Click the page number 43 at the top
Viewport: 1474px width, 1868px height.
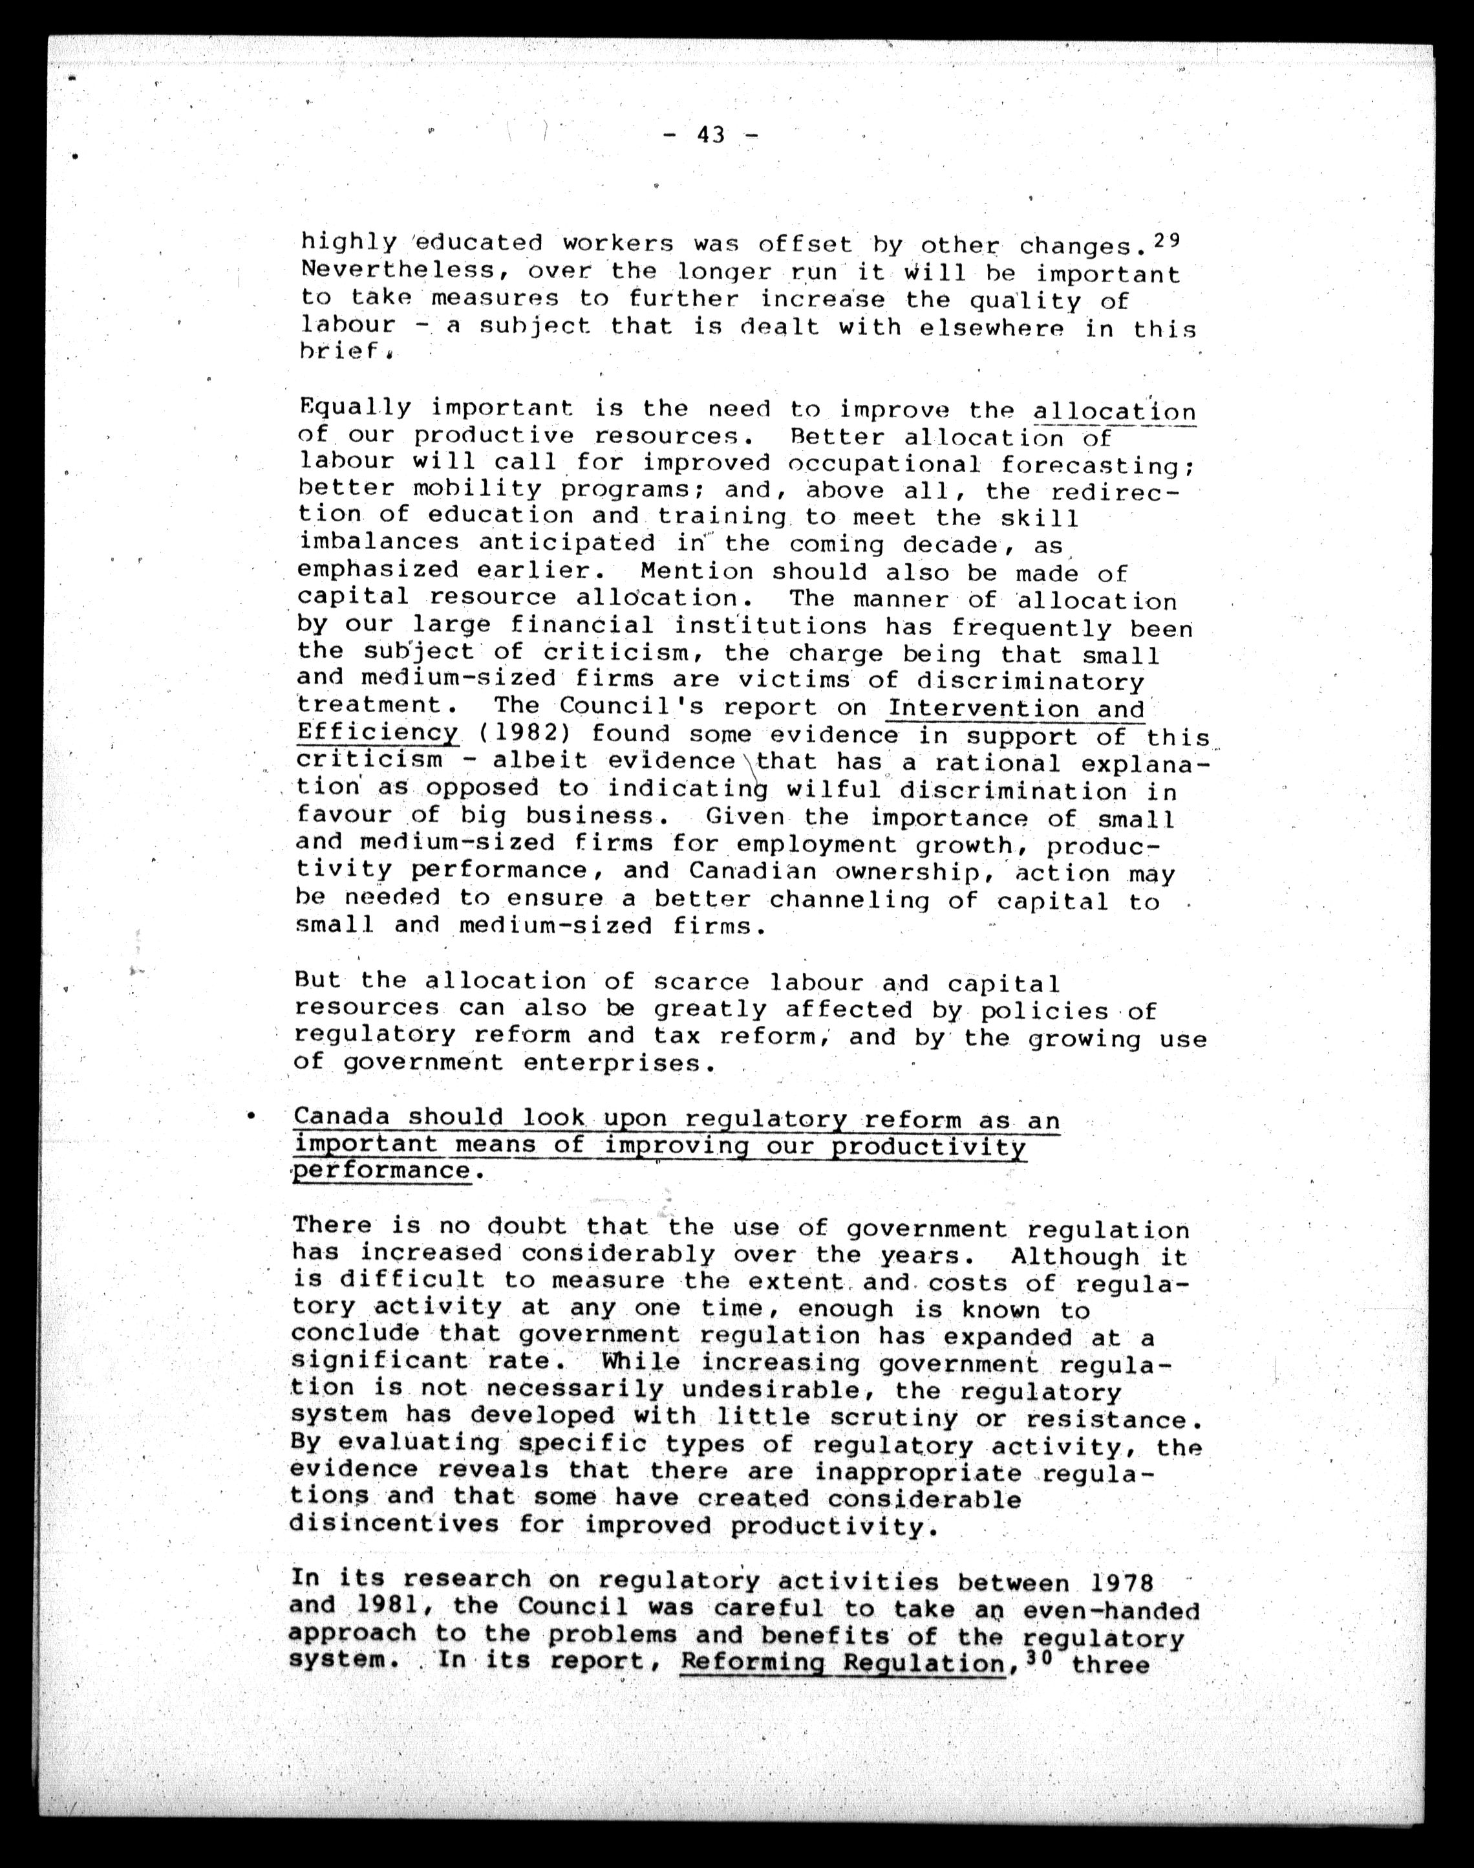click(711, 135)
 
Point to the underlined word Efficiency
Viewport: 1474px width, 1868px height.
click(377, 733)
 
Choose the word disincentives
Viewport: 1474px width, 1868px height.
click(394, 1522)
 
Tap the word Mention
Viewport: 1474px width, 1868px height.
click(696, 571)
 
